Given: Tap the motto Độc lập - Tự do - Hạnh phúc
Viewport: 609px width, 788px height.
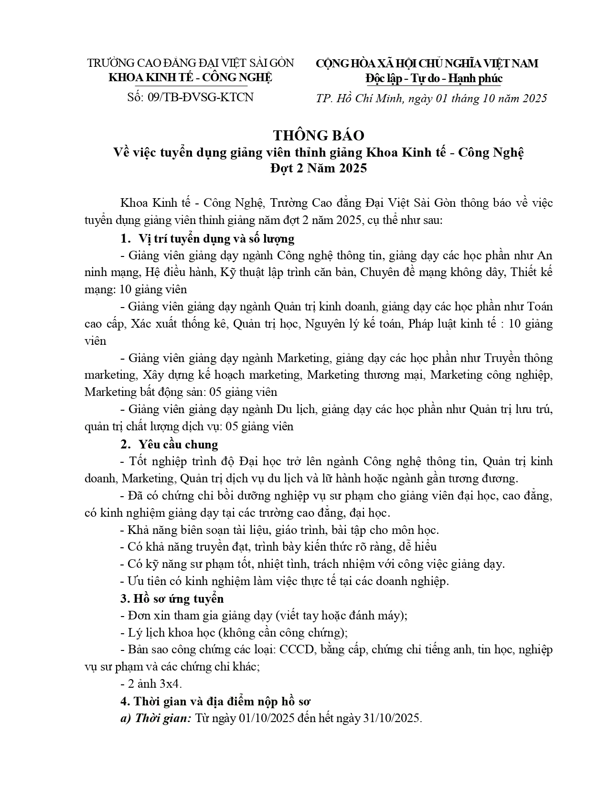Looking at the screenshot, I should coord(434,78).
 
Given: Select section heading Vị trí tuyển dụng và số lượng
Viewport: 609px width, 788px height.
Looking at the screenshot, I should coord(216,238).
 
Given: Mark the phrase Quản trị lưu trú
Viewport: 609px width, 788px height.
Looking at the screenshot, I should coord(511,410).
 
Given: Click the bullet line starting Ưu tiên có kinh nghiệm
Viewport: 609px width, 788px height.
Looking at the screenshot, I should coord(285,581).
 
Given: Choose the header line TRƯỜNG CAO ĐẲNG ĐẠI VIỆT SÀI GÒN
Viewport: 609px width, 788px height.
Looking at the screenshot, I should coord(191,63).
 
